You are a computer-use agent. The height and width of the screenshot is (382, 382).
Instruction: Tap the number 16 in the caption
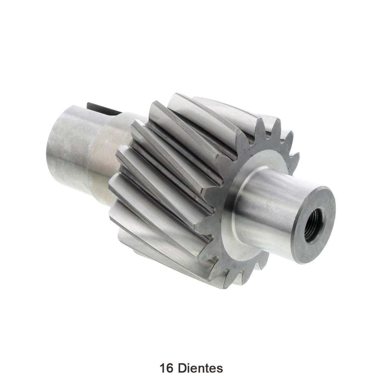tap(166, 368)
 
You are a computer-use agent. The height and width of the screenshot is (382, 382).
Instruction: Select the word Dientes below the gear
tap(200, 368)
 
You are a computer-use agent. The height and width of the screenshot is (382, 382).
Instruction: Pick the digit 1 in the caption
tap(163, 368)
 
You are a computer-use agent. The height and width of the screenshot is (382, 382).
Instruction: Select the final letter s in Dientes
tap(220, 368)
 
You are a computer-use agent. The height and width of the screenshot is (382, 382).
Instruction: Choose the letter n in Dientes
tap(202, 368)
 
